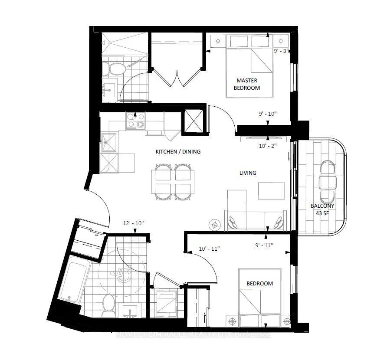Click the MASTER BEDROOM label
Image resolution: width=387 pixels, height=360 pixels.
247,84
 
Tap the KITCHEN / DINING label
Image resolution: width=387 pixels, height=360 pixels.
178,151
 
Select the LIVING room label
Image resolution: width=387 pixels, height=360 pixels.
248,173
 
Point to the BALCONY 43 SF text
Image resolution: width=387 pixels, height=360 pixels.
322,209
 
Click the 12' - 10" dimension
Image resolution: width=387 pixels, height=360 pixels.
133,223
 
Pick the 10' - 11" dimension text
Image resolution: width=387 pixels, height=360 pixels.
209,249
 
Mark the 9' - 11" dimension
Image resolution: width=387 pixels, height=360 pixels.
264,245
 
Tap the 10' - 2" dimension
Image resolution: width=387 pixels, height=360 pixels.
268,146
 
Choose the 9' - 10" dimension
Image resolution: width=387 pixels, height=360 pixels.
268,114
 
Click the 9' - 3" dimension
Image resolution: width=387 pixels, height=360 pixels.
281,51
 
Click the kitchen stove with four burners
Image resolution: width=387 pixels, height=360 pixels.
135,121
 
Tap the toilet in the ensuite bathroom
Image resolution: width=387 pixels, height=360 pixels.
114,69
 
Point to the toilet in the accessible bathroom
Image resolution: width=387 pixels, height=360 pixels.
108,306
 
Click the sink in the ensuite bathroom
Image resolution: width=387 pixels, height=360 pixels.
109,90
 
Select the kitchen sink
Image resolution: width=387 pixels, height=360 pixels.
109,142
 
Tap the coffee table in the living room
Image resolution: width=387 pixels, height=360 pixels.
272,191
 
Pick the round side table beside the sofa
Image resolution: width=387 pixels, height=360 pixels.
214,225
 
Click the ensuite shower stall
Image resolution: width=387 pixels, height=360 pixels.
125,44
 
